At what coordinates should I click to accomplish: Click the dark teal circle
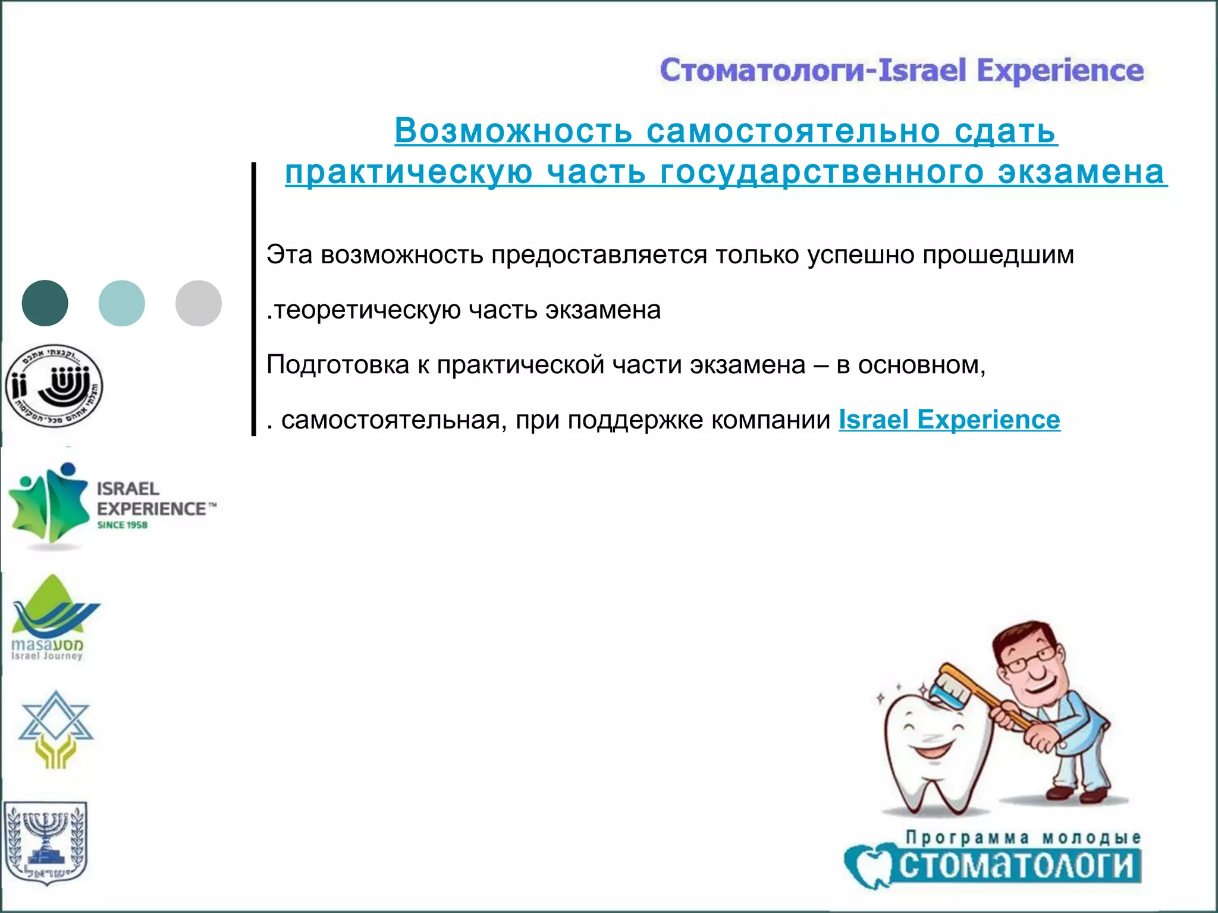coord(45,303)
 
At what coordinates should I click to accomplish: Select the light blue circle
coord(121,303)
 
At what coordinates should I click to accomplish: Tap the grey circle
coord(198,303)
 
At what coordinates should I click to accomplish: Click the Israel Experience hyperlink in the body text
coord(949,420)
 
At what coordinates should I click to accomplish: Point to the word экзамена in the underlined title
coord(1082,172)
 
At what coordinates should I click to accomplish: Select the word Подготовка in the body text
coord(337,365)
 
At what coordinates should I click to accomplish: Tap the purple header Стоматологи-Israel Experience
coord(902,71)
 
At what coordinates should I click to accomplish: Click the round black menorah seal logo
coord(54,386)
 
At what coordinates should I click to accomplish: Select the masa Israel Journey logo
coord(51,618)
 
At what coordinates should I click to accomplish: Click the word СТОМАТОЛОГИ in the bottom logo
coord(1017,865)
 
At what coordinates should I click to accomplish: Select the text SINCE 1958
coord(123,525)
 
